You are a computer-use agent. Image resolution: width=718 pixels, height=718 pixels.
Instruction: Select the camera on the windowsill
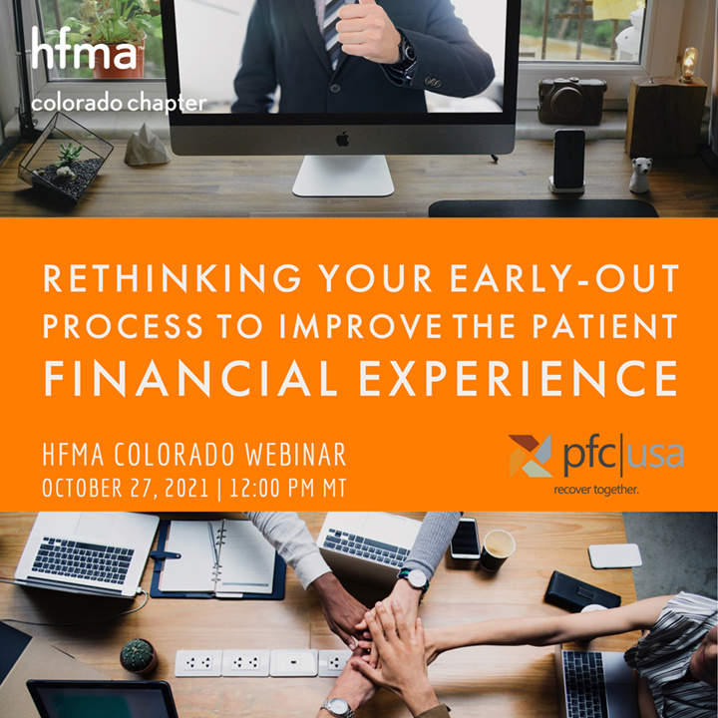point(571,100)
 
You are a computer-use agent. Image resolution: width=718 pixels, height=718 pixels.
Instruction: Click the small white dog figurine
point(639,176)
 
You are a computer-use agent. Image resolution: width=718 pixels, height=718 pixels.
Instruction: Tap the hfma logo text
point(84,50)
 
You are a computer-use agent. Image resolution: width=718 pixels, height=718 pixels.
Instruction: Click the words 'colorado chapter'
point(119,103)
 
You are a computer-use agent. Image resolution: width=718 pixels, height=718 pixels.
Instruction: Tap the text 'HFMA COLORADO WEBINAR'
point(194,455)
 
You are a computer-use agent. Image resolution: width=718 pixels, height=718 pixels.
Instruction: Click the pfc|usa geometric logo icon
point(531,456)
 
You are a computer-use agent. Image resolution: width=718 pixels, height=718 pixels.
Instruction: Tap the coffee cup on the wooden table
point(497,548)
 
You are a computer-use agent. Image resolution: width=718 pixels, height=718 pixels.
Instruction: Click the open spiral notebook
point(217,557)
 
